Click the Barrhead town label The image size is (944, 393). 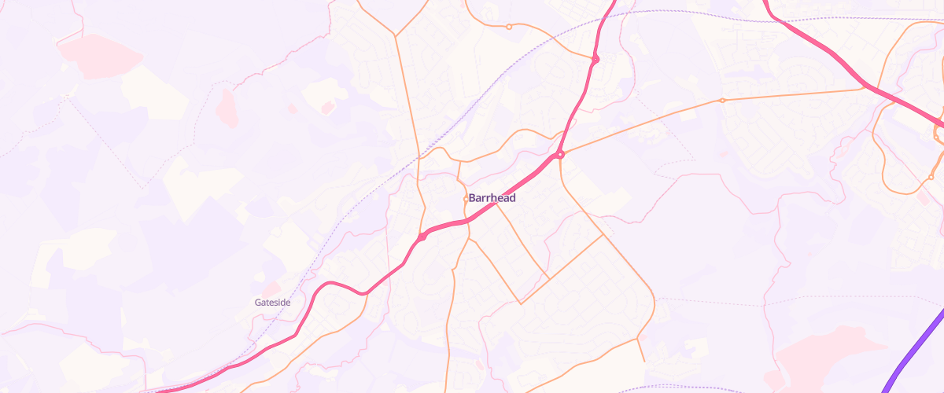coord(492,198)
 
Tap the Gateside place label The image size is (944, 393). coord(272,303)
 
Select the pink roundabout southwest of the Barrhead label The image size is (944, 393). coord(422,237)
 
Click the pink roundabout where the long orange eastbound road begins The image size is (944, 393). coord(560,155)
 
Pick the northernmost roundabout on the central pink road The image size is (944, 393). coord(596,59)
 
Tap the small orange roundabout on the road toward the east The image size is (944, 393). coord(722,101)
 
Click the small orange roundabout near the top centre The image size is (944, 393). coord(509,27)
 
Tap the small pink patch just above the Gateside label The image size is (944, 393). coord(271,288)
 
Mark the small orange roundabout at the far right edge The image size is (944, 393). coord(931,177)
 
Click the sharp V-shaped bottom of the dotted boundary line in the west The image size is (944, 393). coord(142,188)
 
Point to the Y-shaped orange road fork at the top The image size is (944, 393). coord(395,35)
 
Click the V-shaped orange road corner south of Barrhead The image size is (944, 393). coord(521,303)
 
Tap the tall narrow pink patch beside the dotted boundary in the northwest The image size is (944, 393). coord(227,108)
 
